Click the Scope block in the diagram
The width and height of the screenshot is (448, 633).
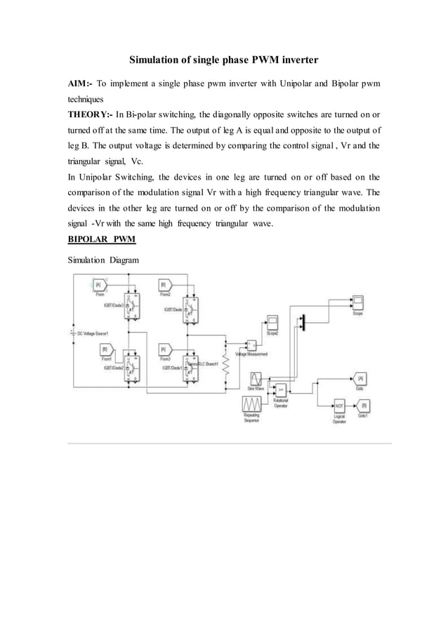point(358,303)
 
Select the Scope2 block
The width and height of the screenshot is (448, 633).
point(272,324)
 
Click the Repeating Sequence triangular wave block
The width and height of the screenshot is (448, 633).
point(252,405)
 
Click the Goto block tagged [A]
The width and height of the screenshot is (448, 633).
point(360,378)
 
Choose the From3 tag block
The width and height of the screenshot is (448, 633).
point(163,349)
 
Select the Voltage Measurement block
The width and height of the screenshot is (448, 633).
point(251,345)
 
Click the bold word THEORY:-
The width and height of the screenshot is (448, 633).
point(89,114)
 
